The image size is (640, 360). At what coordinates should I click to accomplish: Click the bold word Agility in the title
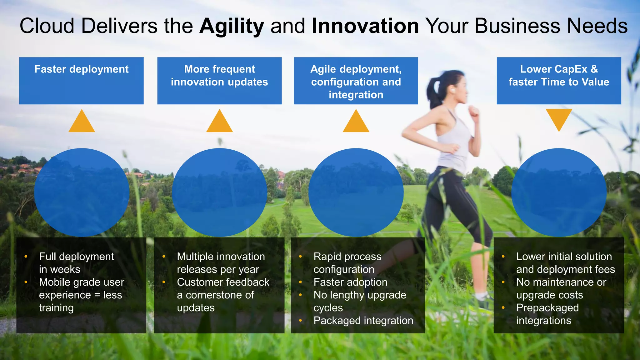(232, 26)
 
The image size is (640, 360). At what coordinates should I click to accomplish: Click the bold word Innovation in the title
(365, 26)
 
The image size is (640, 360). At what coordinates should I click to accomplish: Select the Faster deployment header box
(81, 80)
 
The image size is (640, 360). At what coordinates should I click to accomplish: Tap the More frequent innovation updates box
(219, 80)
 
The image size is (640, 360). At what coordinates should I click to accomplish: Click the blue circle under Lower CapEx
(559, 192)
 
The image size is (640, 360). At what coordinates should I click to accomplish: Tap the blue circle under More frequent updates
(219, 192)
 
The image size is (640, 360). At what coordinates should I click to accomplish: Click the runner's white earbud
(452, 91)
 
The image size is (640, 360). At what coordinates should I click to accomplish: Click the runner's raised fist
(474, 111)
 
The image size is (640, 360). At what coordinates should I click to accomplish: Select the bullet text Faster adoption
(350, 282)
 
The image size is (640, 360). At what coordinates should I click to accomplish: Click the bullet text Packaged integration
(363, 321)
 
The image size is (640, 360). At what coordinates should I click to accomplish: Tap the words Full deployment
(76, 257)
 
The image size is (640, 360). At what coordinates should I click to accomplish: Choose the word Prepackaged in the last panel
(547, 308)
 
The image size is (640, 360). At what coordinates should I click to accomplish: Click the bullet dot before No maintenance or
(503, 282)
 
